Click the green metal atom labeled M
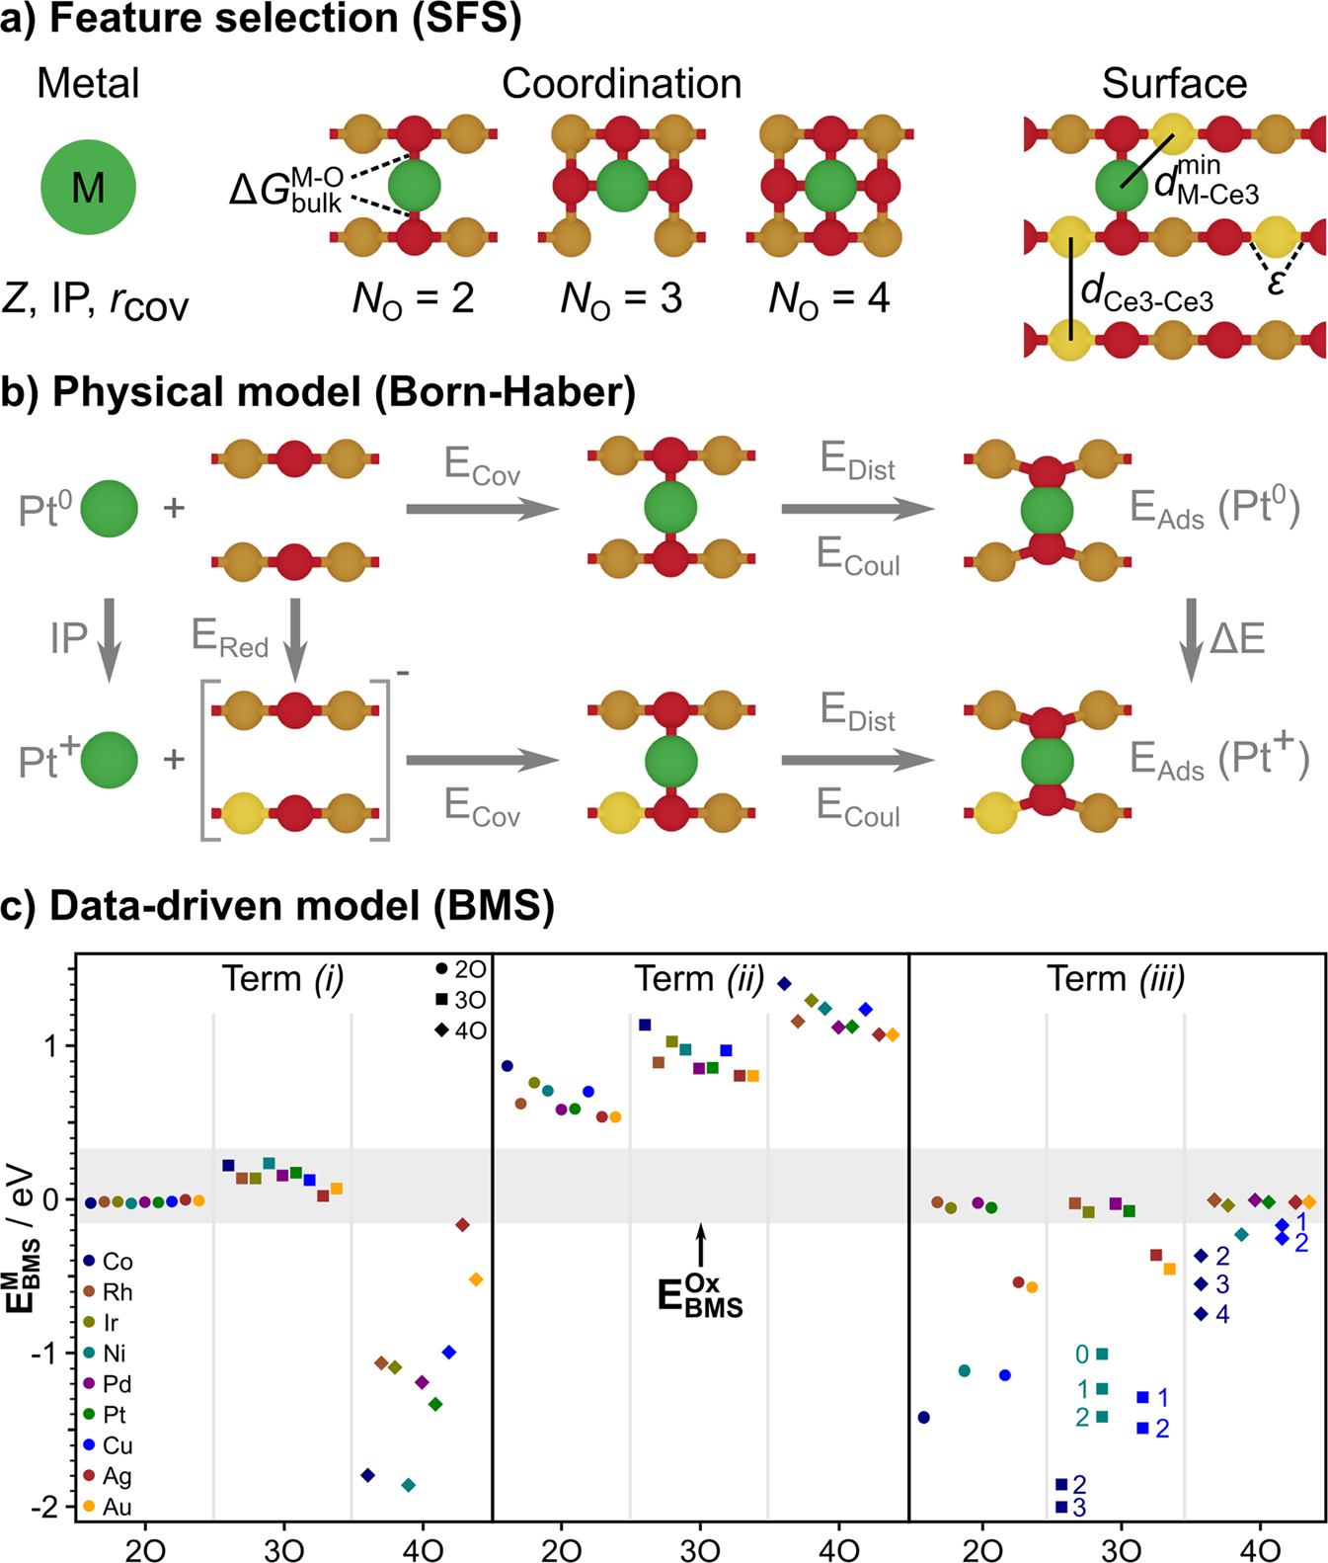point(88,187)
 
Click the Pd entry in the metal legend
point(108,1383)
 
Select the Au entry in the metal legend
point(108,1507)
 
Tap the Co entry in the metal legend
point(108,1261)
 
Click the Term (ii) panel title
point(700,978)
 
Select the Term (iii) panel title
point(1116,978)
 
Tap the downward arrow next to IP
point(110,639)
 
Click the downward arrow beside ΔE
point(1192,639)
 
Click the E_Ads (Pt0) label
point(1215,509)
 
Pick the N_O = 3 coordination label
point(621,297)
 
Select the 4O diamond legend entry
point(460,1030)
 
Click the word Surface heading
point(1174,84)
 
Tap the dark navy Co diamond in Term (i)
point(368,1475)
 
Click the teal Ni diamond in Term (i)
point(409,1485)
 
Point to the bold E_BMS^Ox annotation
point(700,1294)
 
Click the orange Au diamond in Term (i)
point(476,1279)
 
